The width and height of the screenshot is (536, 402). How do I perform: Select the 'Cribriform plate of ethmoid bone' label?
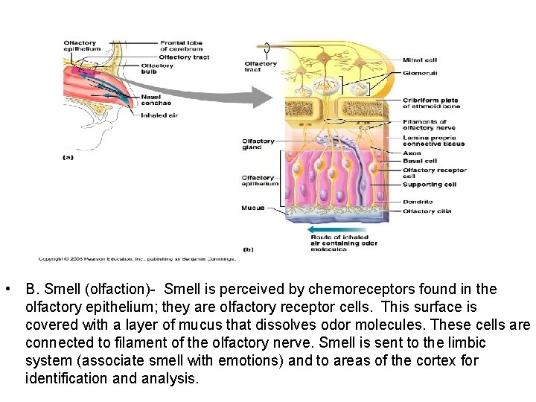[431, 103]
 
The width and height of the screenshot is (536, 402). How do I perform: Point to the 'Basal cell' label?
[419, 161]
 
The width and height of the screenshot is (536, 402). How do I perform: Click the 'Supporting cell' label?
[429, 185]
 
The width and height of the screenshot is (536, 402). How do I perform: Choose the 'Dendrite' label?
[417, 201]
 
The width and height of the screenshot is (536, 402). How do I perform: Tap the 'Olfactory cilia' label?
[429, 211]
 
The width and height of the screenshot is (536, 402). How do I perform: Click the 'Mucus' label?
[252, 208]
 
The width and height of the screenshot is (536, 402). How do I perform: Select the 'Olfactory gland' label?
[258, 144]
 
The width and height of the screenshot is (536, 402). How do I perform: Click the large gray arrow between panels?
[223, 96]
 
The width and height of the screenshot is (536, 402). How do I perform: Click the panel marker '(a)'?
[68, 157]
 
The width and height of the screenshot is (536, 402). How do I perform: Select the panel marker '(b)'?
[248, 249]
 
